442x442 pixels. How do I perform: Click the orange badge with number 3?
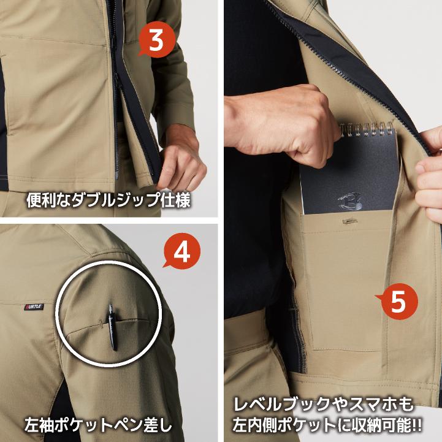click(157, 40)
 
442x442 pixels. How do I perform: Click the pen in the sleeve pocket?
click(113, 326)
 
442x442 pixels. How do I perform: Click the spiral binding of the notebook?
click(367, 131)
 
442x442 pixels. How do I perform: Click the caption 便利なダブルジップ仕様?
click(109, 200)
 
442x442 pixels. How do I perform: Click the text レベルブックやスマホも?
click(324, 405)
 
